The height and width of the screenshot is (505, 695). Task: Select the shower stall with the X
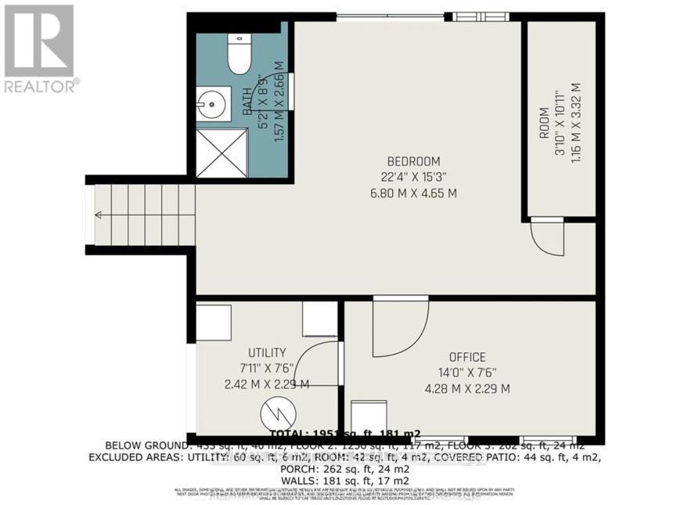(220, 153)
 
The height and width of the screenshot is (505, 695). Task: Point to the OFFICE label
(466, 357)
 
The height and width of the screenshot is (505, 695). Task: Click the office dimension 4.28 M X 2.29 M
(466, 388)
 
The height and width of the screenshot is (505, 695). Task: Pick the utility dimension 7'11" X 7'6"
(266, 368)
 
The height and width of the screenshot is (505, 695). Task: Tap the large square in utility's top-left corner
(214, 321)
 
